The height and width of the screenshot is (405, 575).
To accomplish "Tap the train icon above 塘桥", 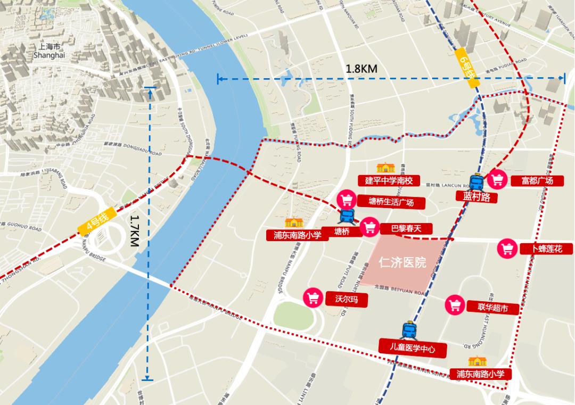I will click(348, 216).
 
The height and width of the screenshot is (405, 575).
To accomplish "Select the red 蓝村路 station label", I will click(473, 197).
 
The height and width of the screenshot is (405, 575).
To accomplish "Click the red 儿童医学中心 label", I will click(413, 349).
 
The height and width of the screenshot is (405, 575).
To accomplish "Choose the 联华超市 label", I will click(493, 308).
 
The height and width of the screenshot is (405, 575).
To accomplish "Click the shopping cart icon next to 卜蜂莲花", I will click(507, 249).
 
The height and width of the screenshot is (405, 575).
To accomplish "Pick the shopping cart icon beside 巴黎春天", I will click(369, 227).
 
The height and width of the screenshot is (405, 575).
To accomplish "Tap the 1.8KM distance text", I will click(362, 69).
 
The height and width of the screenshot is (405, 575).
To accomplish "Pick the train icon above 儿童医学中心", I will click(408, 329).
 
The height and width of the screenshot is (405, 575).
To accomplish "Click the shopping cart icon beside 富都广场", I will click(497, 179).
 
